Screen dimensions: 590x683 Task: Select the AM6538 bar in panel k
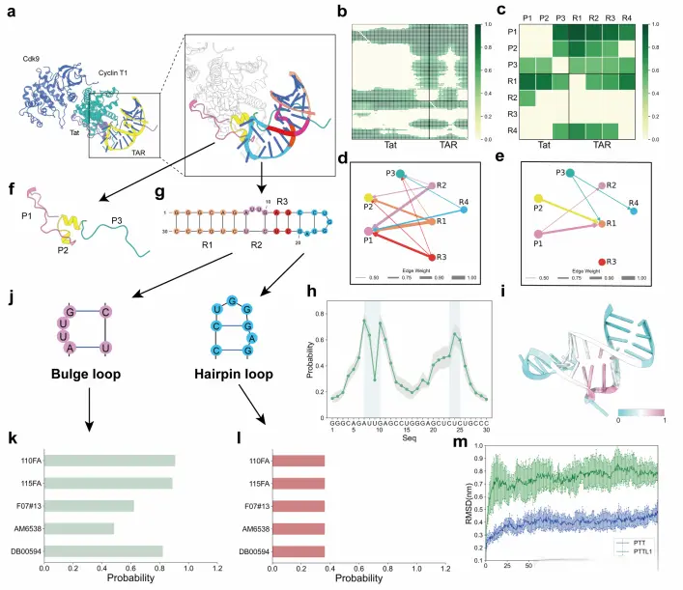click(x=79, y=527)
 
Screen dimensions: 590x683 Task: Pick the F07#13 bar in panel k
click(x=89, y=504)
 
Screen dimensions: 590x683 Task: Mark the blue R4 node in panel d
click(x=465, y=210)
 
